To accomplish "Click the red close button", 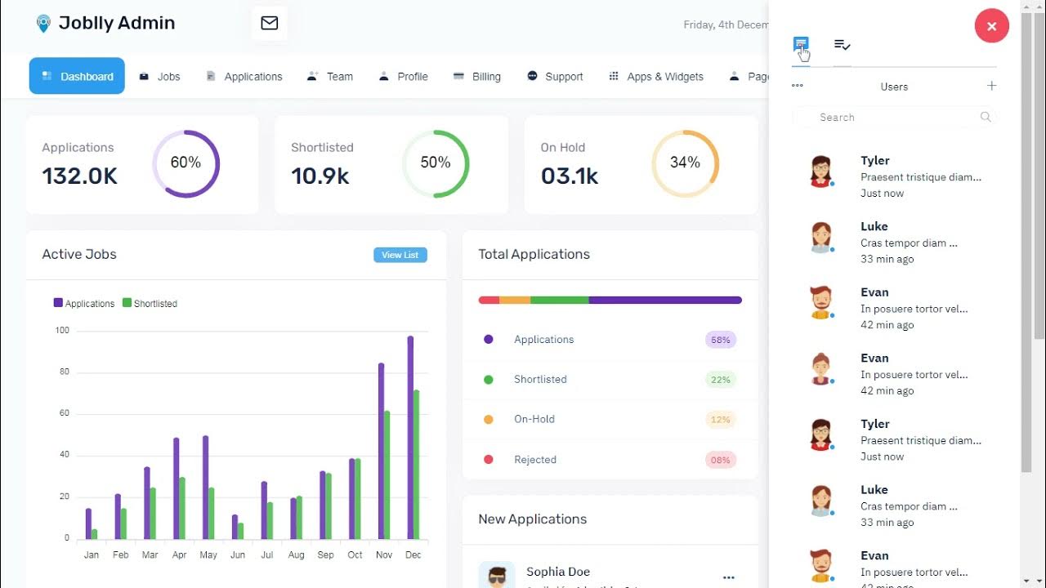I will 991,26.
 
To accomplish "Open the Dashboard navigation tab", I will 77,76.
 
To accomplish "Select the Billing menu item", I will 477,76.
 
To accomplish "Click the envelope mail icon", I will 270,23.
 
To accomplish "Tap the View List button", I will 400,255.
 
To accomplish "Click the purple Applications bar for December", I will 410,437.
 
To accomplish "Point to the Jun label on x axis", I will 238,555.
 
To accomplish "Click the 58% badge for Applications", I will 720,340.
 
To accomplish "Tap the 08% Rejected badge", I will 720,460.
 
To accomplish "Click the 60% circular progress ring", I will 186,163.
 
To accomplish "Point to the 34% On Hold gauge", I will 685,163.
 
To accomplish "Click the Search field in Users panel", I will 894,118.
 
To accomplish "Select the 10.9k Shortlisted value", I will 320,176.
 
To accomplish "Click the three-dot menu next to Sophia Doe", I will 729,577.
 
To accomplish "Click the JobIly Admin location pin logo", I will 43,24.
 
